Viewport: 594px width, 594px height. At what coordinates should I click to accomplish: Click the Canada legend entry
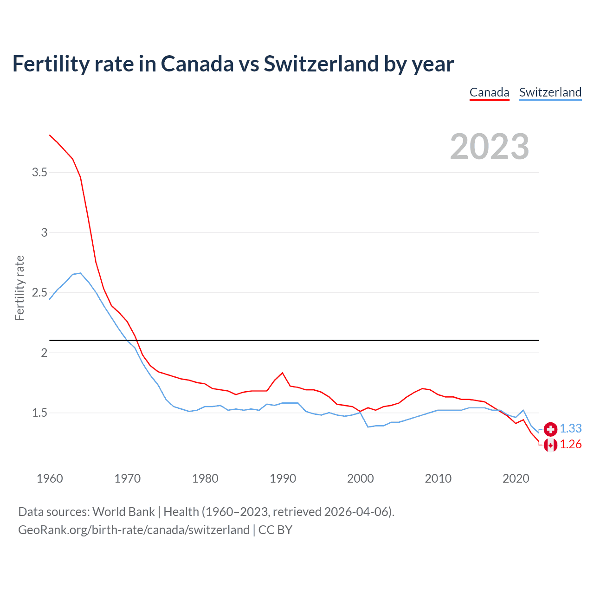pyautogui.click(x=489, y=92)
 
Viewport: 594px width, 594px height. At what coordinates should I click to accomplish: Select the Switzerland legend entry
pyautogui.click(x=550, y=92)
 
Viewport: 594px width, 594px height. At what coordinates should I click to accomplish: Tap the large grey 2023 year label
pyautogui.click(x=490, y=147)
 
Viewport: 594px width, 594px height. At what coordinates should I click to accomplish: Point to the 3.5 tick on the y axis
pyautogui.click(x=39, y=173)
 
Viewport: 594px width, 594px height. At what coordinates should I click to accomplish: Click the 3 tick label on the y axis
pyautogui.click(x=44, y=232)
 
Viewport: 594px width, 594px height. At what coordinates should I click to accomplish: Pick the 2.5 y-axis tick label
pyautogui.click(x=39, y=293)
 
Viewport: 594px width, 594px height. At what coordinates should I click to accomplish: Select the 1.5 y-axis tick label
pyautogui.click(x=39, y=413)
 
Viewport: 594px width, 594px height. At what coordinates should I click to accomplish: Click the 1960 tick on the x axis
pyautogui.click(x=50, y=478)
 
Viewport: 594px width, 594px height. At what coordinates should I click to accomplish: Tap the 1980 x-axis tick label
pyautogui.click(x=205, y=478)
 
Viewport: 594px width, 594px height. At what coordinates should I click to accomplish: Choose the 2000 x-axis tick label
pyautogui.click(x=361, y=478)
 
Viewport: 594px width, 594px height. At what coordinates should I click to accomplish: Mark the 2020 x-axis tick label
pyautogui.click(x=516, y=478)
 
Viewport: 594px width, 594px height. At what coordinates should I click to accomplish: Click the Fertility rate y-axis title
pyautogui.click(x=19, y=288)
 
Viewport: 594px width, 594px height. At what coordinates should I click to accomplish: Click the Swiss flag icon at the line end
pyautogui.click(x=550, y=429)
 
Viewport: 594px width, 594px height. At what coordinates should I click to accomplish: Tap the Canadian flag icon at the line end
pyautogui.click(x=550, y=445)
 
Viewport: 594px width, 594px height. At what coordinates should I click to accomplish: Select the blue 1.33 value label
pyautogui.click(x=570, y=429)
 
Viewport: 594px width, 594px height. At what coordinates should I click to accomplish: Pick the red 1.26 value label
pyautogui.click(x=570, y=445)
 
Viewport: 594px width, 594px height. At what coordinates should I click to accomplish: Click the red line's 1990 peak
pyautogui.click(x=283, y=373)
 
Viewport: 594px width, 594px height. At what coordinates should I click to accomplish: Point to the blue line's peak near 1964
pyautogui.click(x=80, y=273)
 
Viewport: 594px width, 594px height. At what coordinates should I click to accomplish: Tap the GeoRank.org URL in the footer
pyautogui.click(x=134, y=530)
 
